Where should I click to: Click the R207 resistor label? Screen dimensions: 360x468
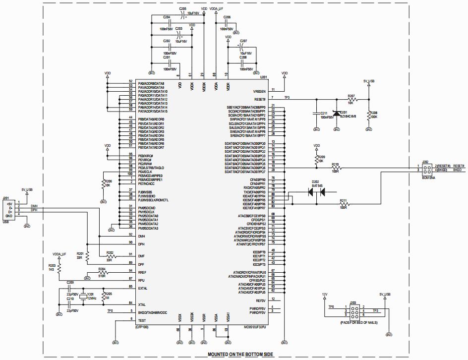point(351,95)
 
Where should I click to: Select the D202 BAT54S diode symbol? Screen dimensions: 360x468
point(316,191)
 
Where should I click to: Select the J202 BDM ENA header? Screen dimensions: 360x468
point(426,168)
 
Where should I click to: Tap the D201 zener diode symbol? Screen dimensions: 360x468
point(337,114)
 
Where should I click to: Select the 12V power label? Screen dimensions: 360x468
point(325,294)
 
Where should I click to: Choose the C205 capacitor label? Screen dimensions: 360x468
point(182,9)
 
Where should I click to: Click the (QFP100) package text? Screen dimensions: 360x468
point(142,327)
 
